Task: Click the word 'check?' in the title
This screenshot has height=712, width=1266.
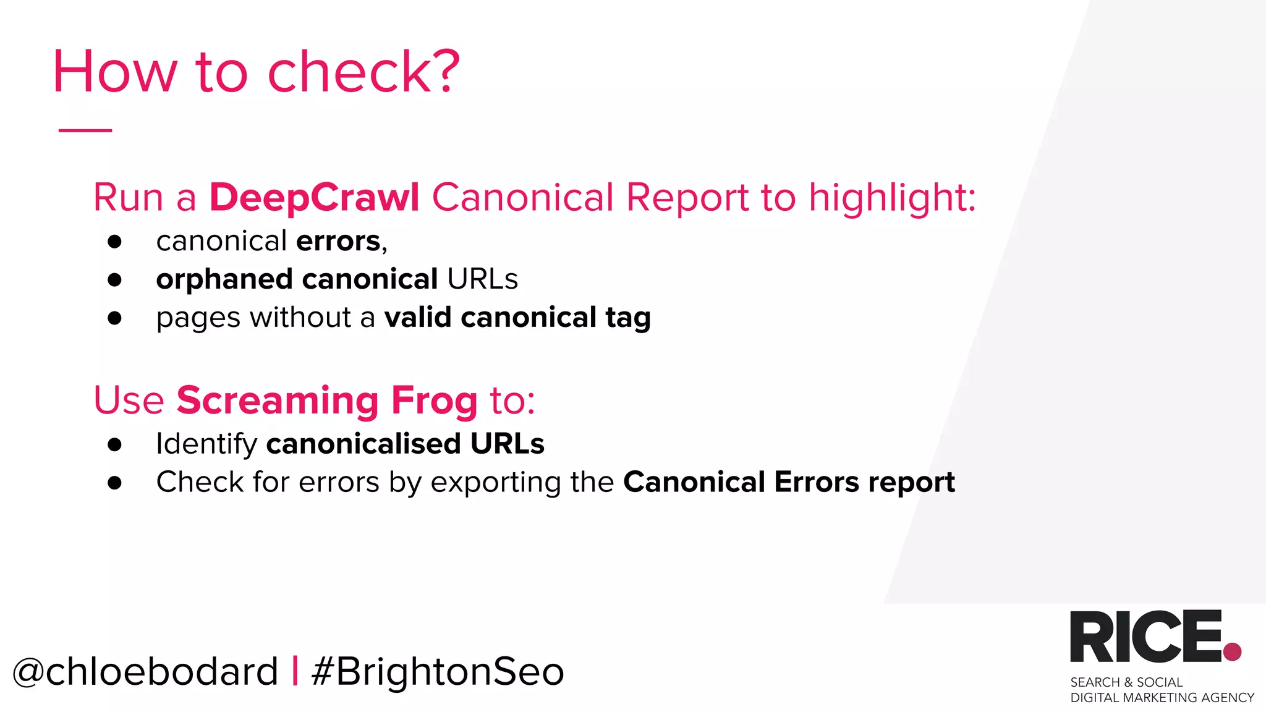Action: (363, 72)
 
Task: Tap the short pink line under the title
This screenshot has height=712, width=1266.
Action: (85, 130)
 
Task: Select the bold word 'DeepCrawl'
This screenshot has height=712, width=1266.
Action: (315, 198)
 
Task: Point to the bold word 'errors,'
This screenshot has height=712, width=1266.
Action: (341, 241)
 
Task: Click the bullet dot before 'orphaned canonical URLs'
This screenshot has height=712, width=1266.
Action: (114, 280)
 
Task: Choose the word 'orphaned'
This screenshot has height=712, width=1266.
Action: (224, 280)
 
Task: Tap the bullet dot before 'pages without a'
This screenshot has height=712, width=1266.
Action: (114, 318)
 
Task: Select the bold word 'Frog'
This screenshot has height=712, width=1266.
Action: (435, 401)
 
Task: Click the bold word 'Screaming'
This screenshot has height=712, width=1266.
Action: (278, 401)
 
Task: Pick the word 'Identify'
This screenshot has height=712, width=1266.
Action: (206, 444)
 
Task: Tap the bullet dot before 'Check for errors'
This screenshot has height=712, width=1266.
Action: (114, 483)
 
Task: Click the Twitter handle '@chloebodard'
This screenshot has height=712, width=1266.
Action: (145, 672)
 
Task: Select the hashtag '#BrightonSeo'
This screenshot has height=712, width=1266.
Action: (438, 672)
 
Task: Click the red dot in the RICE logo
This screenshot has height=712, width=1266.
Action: (1232, 651)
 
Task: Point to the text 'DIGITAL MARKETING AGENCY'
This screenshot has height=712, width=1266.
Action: (1162, 698)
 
